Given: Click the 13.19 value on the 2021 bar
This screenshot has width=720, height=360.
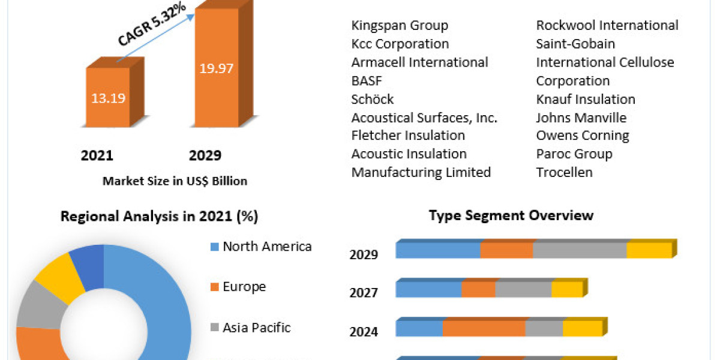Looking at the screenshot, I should [x=109, y=98].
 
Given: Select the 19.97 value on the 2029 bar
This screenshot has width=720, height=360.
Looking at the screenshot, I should [x=217, y=68].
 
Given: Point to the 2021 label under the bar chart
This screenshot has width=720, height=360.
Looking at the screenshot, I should [x=97, y=156].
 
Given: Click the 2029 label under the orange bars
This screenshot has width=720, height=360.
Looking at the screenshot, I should [x=205, y=156].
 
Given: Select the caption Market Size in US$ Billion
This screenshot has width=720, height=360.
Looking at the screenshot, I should [x=175, y=181].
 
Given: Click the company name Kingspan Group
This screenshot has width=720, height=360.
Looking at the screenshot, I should [x=400, y=25].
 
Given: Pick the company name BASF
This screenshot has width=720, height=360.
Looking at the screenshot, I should [x=367, y=80].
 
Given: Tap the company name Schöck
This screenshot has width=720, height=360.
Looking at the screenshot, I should [x=373, y=99].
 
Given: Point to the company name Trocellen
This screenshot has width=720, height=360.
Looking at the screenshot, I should [x=564, y=172].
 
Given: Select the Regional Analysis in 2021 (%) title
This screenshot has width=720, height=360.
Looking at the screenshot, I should [x=159, y=217].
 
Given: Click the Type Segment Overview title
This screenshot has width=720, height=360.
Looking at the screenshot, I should [x=511, y=215].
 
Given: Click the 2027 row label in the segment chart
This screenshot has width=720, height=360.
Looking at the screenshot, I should [x=364, y=293].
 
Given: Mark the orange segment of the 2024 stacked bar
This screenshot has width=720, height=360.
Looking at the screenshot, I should [x=484, y=329].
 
